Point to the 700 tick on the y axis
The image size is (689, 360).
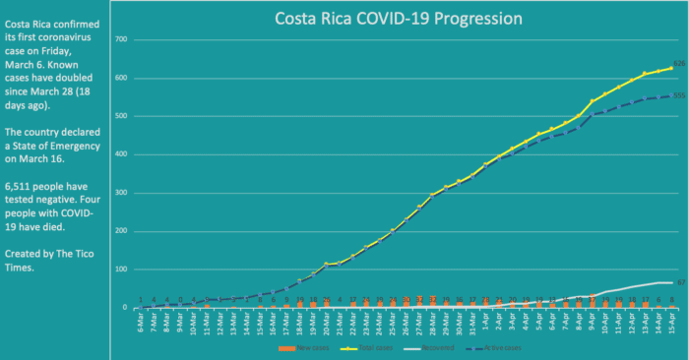pos(122,39)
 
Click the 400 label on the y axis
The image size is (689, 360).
pos(122,154)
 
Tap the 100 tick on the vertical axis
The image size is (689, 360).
pos(122,270)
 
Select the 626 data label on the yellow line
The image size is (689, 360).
pos(678,64)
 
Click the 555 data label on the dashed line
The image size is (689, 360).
pos(678,95)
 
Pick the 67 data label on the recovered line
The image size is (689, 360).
pos(680,282)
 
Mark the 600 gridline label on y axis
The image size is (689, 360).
pos(122,78)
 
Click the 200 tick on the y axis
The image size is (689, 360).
pos(122,231)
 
